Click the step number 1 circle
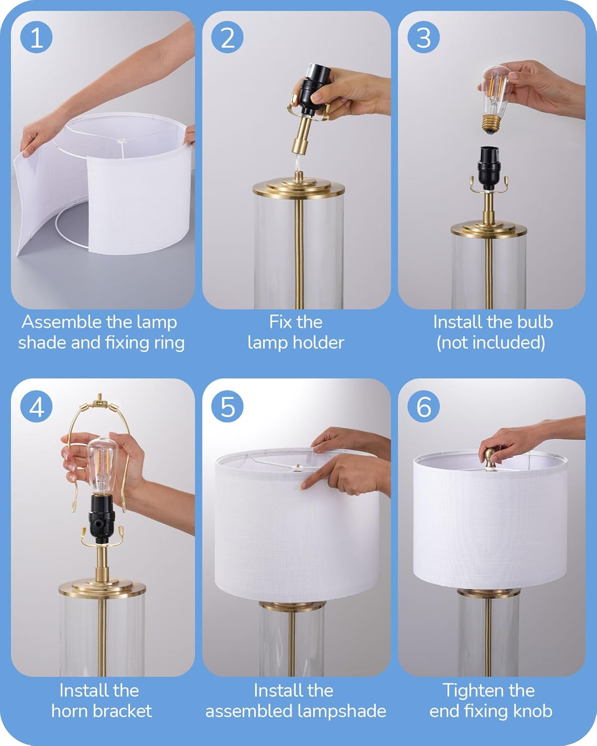[36, 37]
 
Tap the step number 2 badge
[227, 37]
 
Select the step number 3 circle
[423, 37]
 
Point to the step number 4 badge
[36, 406]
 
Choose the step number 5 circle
[227, 406]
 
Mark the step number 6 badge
[423, 406]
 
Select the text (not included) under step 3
[491, 343]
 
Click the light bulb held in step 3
[496, 99]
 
